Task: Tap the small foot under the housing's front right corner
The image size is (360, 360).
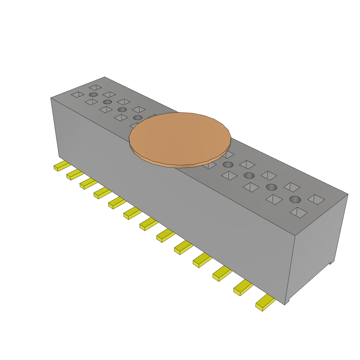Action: pos(287,302)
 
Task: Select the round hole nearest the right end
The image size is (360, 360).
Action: pos(295,199)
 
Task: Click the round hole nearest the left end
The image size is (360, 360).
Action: pos(93,95)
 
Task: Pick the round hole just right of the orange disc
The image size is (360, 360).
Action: pos(228,165)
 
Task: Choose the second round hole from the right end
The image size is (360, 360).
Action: pos(271,187)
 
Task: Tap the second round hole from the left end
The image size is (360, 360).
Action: pos(107,102)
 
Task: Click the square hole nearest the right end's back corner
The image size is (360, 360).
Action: pos(316,199)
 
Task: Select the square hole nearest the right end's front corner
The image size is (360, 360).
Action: pos(298,212)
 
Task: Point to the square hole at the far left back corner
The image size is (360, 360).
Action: pos(95,87)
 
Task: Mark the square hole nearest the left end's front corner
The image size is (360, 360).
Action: pos(78,94)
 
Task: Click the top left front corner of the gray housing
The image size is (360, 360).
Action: pos(51,98)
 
